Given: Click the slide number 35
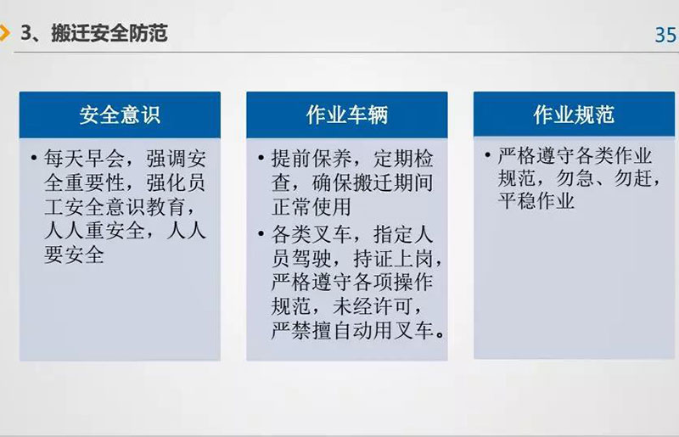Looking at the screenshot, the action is pos(665,35).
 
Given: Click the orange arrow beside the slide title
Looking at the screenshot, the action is pos(4,33).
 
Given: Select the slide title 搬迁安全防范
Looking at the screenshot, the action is pos(109,33).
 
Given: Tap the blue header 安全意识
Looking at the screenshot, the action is pos(120,115).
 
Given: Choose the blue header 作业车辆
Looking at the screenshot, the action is pos(347,115).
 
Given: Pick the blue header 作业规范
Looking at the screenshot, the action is pos(574,115).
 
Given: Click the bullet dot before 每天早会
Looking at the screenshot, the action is pos(34,158).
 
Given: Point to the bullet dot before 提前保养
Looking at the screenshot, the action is pos(261,158).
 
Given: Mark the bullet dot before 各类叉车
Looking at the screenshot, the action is pos(261,234).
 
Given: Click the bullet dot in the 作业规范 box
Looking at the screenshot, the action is pos(488,154).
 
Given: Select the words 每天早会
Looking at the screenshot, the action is pos(84,159).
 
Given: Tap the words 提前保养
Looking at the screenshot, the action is pos(311,159).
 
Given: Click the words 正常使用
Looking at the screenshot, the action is pos(311,206).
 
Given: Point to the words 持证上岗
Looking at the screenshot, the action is pos(392,259).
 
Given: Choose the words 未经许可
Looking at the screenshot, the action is pos(372,306).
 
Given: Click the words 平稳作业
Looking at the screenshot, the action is pos(536,200).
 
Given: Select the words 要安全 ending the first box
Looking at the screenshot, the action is pos(74,255).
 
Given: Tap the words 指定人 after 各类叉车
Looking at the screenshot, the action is pos(403,235).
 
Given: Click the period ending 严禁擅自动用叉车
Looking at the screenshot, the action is pos(440,334).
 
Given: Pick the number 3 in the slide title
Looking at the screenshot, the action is pos(26,33).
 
